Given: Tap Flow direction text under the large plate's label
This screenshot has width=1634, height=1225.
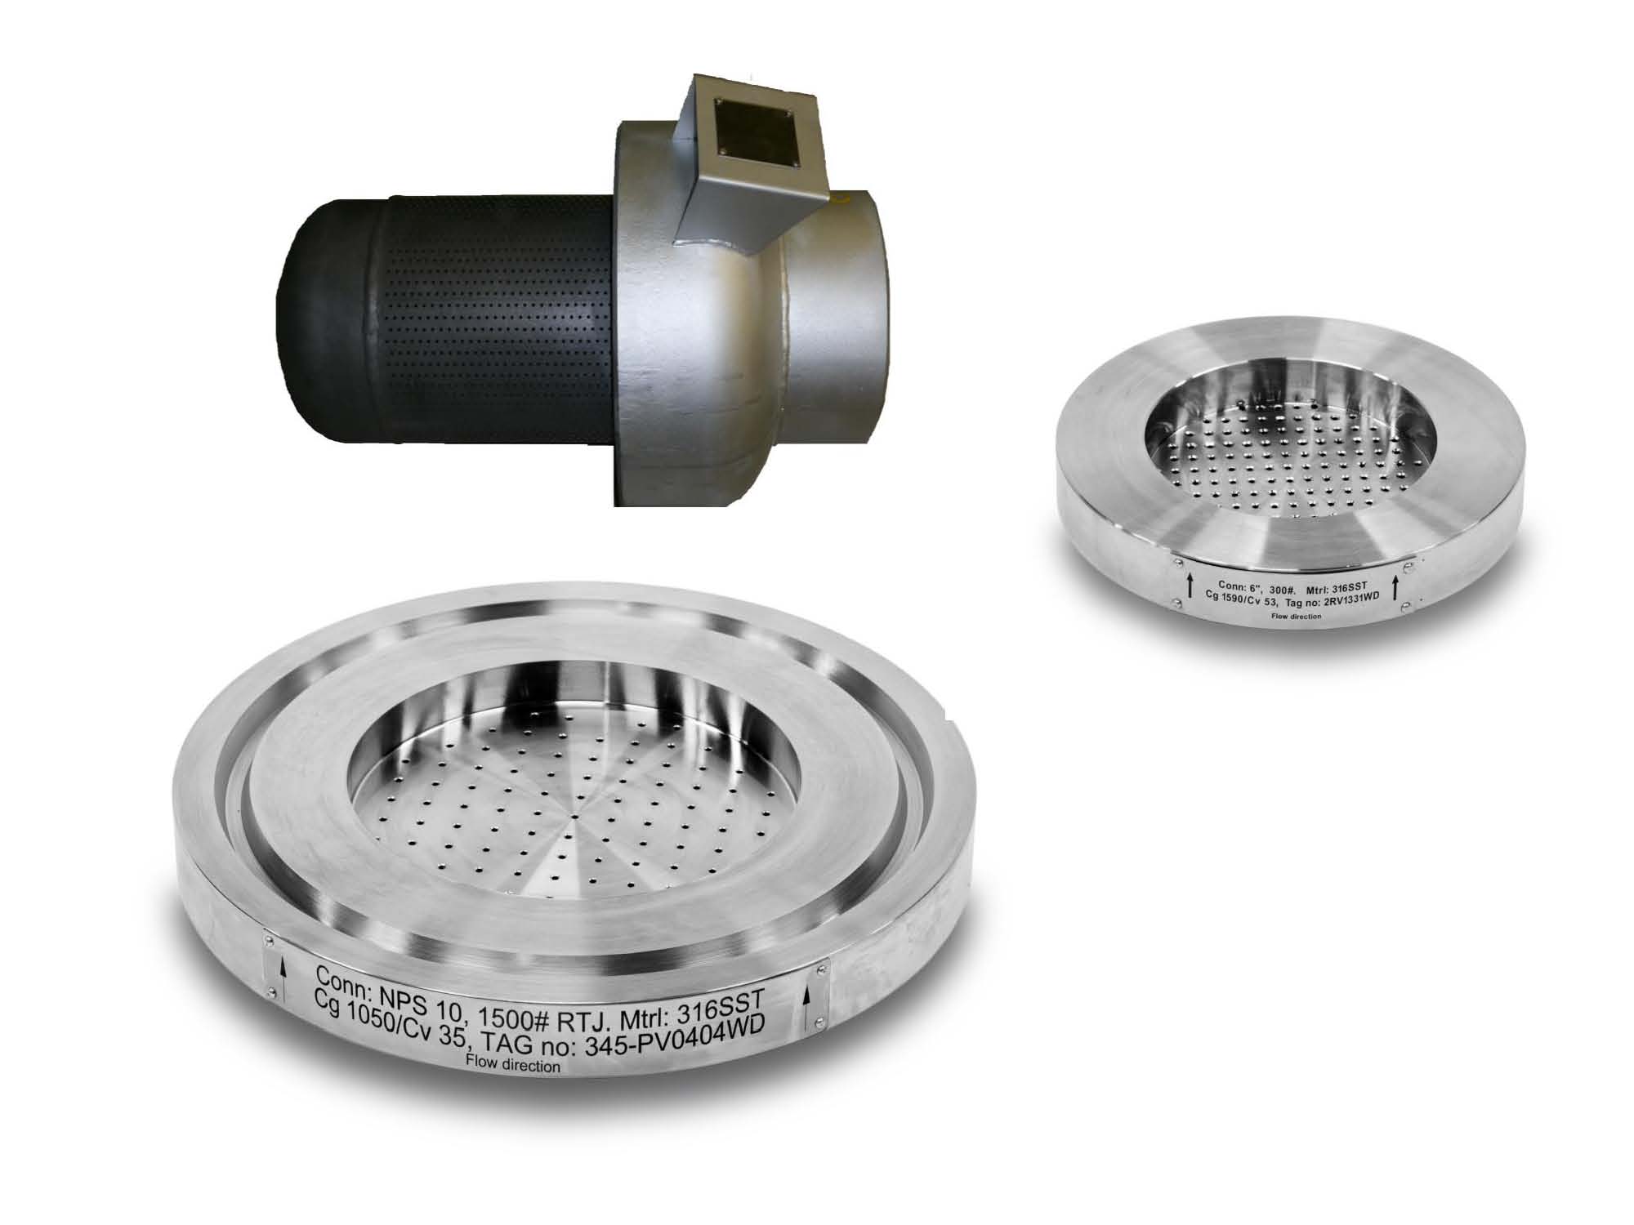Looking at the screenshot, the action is (x=512, y=1064).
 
